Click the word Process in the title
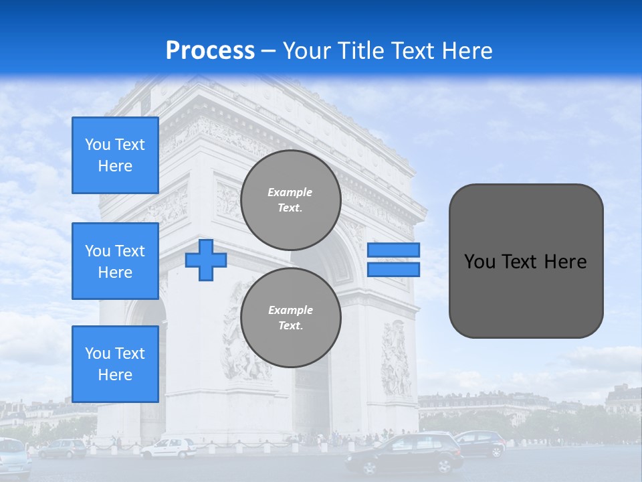click(210, 50)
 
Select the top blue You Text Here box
click(115, 155)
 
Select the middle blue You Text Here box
click(115, 261)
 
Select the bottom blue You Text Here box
click(115, 364)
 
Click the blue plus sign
click(206, 259)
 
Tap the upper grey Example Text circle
click(291, 200)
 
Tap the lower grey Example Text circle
click(291, 317)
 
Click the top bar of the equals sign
click(393, 250)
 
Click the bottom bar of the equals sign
click(393, 269)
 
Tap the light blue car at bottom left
click(13, 458)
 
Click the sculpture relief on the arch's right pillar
click(396, 358)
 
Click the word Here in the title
click(467, 51)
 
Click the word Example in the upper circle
click(290, 192)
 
